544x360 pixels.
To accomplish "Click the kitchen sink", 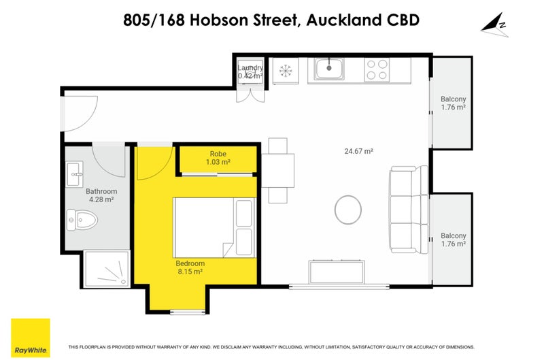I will click(328, 69).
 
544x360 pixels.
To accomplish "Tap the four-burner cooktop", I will click(377, 69).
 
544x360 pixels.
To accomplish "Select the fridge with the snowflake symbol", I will click(285, 70).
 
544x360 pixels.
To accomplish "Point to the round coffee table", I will click(350, 210).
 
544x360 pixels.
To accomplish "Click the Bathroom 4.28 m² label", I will click(101, 195).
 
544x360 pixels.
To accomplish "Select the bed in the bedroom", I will click(214, 225).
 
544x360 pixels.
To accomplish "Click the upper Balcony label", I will click(453, 103).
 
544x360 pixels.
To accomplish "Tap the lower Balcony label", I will click(453, 240).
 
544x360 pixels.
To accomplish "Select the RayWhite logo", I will click(31, 338).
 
